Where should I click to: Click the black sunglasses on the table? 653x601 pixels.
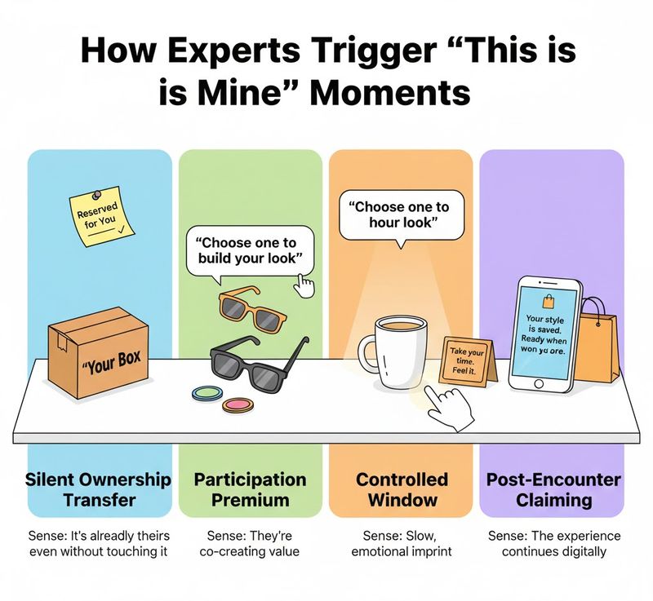(x=247, y=365)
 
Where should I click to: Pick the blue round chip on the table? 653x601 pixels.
(x=208, y=394)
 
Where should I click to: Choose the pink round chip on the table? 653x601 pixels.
(x=238, y=404)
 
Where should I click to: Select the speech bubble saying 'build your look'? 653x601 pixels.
(x=244, y=250)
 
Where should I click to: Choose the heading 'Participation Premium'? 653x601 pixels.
(x=250, y=489)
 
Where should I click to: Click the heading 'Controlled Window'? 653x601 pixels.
(x=402, y=489)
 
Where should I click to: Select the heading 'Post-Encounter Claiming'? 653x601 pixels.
(x=553, y=489)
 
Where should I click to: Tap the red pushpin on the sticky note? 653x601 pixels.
(x=96, y=196)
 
